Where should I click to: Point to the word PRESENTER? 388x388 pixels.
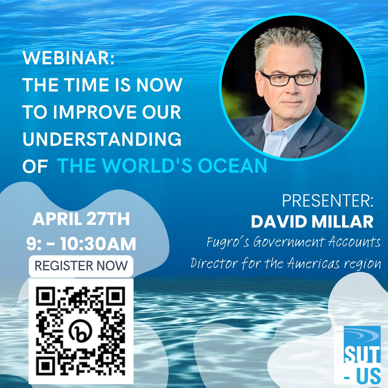[x=328, y=201]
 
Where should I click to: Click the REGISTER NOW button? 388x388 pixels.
[x=81, y=266]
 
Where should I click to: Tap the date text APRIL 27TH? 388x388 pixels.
[x=81, y=219]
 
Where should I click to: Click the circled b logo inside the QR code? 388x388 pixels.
[x=81, y=330]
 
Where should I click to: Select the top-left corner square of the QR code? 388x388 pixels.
[x=45, y=295]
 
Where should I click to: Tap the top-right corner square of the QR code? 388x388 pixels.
[x=116, y=295]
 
